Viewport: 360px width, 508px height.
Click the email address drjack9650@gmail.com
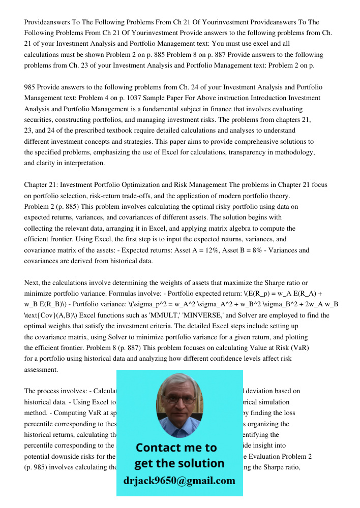pos(179,481)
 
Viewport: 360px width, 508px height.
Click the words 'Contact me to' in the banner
pos(176,448)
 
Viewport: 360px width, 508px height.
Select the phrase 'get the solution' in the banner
pos(179,463)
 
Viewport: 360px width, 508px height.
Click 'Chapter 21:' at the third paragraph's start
pos(43,185)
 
